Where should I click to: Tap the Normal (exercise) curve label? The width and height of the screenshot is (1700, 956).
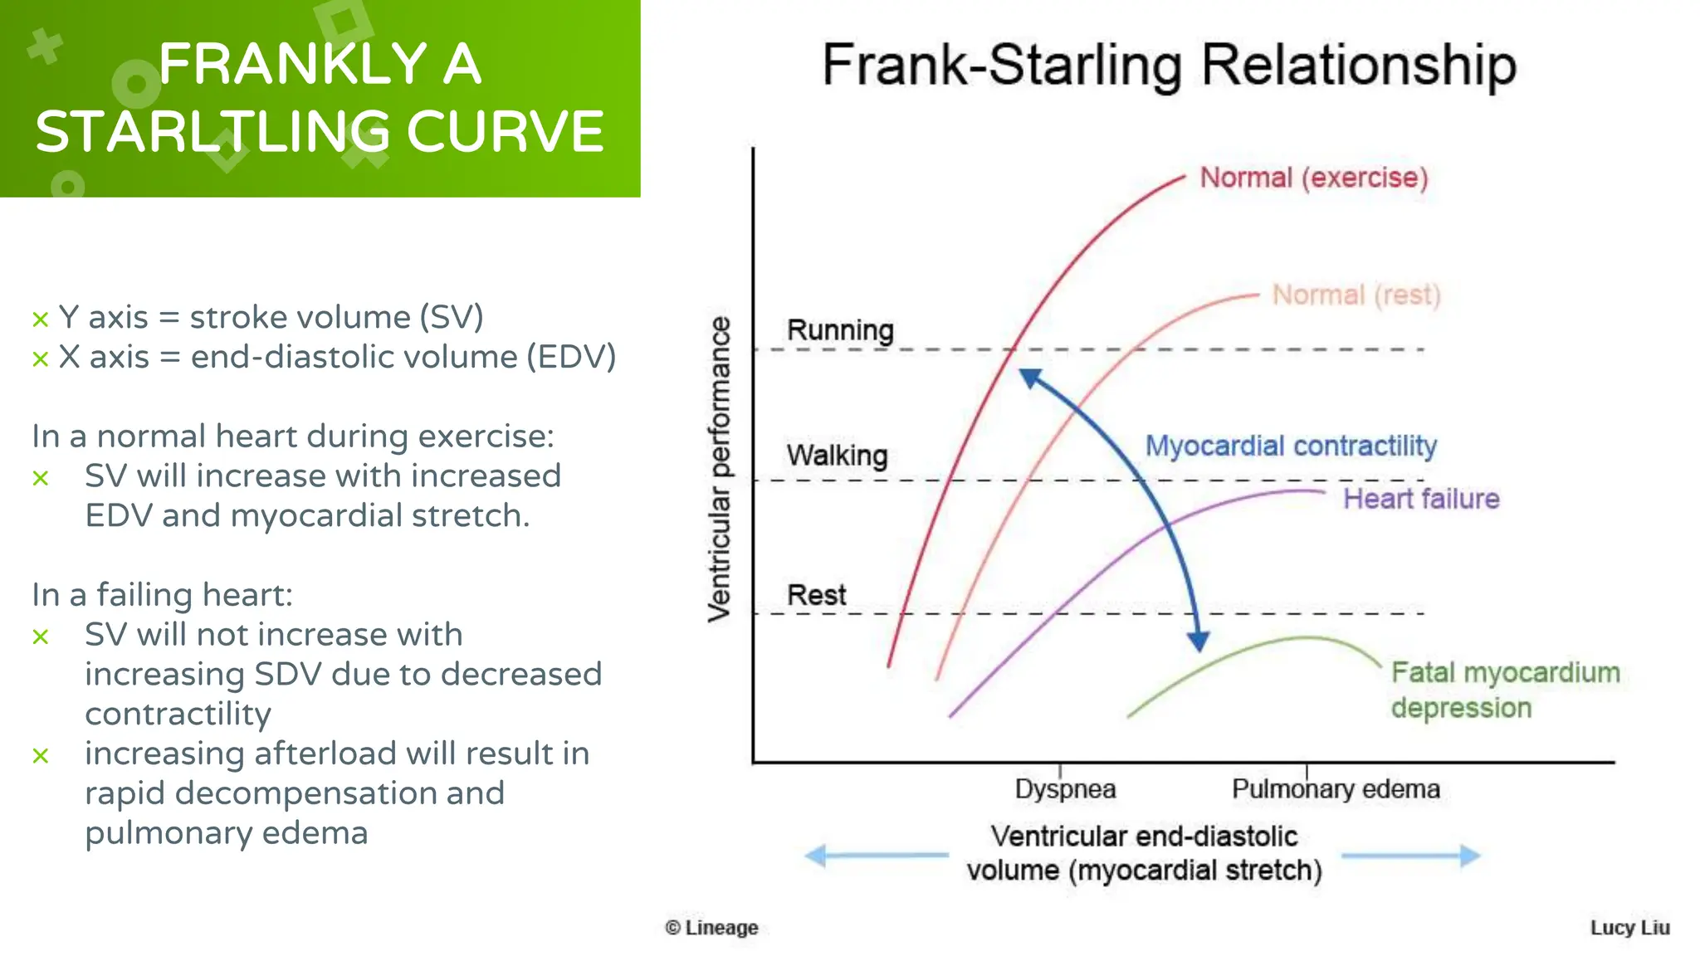click(x=1314, y=178)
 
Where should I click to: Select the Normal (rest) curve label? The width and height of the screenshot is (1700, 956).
click(x=1356, y=295)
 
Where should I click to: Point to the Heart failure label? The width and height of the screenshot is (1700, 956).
click(x=1421, y=499)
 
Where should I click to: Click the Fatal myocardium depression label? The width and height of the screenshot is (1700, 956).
click(x=1504, y=690)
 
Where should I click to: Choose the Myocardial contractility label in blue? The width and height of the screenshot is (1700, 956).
click(x=1291, y=446)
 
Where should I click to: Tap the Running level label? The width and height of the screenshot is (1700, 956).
click(x=840, y=330)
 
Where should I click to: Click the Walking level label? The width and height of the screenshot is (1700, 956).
click(x=837, y=456)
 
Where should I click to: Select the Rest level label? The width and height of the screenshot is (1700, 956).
click(x=816, y=595)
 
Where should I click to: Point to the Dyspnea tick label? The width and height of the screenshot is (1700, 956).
click(x=1065, y=788)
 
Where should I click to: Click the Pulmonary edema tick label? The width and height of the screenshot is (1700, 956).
click(x=1335, y=788)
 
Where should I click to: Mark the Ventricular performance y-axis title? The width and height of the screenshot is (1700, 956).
click(x=720, y=469)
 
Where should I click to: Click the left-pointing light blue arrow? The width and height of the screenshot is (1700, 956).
click(x=876, y=855)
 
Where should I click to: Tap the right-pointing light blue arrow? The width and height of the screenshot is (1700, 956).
click(x=1411, y=856)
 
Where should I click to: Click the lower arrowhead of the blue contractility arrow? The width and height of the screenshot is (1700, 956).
click(x=1198, y=641)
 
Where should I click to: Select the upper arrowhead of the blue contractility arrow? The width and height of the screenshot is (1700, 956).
click(x=1030, y=378)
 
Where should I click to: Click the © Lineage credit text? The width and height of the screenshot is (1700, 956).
click(x=711, y=928)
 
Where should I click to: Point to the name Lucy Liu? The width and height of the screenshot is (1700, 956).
click(x=1629, y=928)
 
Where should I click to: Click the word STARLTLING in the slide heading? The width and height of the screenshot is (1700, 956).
click(x=212, y=132)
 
